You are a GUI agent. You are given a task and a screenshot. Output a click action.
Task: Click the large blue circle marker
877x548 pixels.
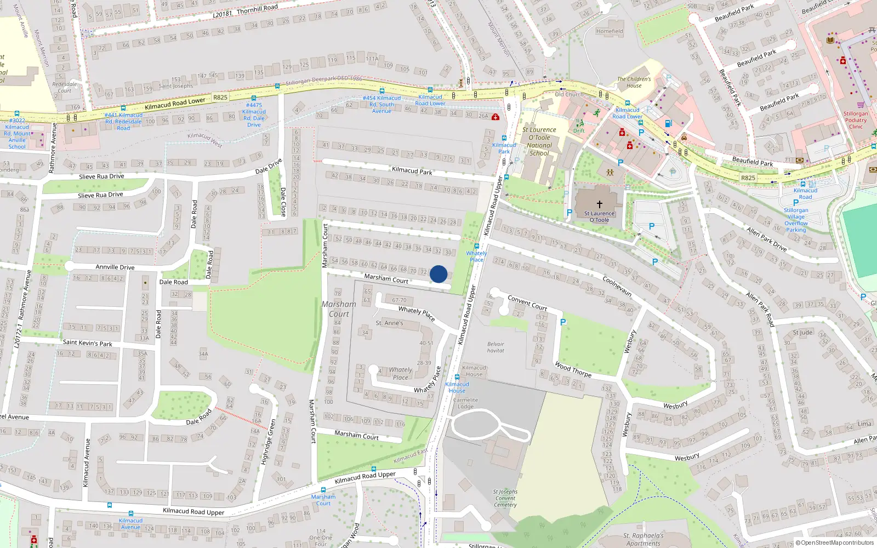(438, 274)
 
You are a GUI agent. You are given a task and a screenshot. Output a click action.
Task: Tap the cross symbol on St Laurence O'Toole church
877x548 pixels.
(599, 204)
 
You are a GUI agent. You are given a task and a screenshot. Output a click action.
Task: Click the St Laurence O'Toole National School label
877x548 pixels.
(539, 141)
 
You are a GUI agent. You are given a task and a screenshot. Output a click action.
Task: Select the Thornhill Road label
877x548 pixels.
(246, 11)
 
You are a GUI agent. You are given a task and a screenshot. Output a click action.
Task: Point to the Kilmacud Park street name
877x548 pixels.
(412, 170)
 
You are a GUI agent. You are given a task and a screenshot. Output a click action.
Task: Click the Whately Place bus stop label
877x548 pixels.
(476, 256)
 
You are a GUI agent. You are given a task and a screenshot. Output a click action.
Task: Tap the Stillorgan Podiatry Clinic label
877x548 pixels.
(856, 120)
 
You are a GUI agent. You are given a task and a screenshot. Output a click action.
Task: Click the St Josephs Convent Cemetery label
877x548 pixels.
(505, 498)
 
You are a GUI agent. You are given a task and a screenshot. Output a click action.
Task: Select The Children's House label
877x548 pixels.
(634, 82)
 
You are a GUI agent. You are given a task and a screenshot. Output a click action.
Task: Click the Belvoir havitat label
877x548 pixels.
(496, 347)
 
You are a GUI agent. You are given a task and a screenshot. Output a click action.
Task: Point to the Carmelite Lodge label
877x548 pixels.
(466, 403)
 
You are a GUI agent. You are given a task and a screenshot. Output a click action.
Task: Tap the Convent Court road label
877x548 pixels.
(527, 302)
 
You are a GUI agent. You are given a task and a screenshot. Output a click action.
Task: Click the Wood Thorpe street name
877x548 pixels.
(573, 369)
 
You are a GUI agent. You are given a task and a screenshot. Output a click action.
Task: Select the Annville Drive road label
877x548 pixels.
(115, 267)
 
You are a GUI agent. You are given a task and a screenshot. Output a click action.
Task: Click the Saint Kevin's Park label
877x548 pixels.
(87, 343)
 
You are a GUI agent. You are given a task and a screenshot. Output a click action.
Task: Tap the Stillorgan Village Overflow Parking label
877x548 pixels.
(796, 220)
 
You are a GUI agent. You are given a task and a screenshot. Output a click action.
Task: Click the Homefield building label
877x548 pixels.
(610, 31)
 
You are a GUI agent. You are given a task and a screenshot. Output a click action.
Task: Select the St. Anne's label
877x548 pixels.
(389, 323)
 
